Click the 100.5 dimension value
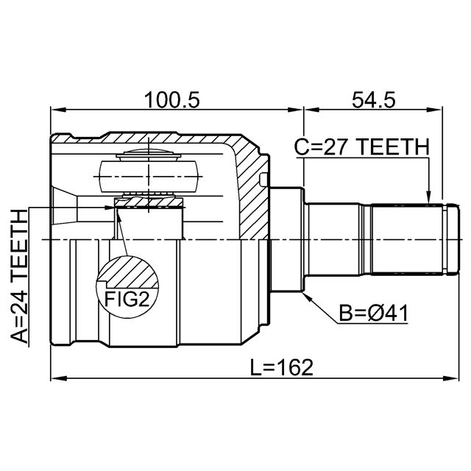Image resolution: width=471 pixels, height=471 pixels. [171, 100]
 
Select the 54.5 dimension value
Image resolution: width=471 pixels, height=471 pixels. [374, 100]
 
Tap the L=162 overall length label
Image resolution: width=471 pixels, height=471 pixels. [282, 367]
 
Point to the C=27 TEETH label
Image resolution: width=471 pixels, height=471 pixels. [361, 147]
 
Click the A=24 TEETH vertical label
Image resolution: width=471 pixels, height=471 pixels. [19, 277]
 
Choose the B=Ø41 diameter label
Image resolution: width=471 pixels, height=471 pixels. [373, 313]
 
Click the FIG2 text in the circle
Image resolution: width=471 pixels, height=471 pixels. [127, 299]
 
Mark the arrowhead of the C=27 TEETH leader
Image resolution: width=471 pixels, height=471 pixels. [428, 197]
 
